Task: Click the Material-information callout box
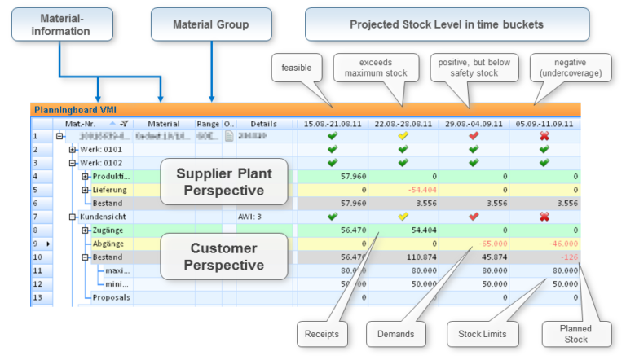[60, 25]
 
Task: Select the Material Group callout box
[210, 25]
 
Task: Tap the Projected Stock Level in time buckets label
[446, 25]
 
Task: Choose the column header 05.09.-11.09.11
[544, 124]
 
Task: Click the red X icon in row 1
[544, 136]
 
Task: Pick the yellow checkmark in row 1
[402, 136]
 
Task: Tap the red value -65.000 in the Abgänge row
[491, 243]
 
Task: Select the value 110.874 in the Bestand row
[421, 256]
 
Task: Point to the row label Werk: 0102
[99, 163]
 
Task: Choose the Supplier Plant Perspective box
[224, 182]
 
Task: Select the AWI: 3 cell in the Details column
[249, 217]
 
